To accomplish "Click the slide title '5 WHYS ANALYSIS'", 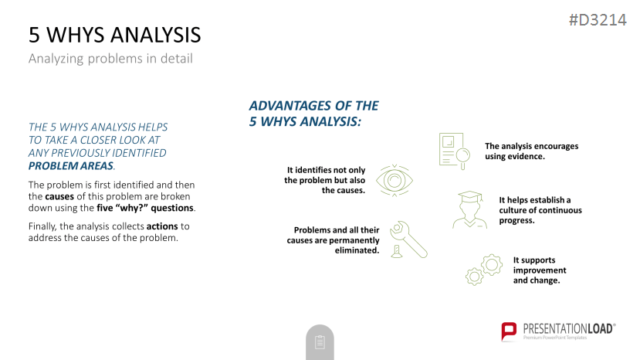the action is (x=115, y=35).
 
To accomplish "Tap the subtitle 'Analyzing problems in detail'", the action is (x=110, y=59).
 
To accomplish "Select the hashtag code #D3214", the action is (x=598, y=19).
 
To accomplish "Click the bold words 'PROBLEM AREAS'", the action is (x=70, y=166).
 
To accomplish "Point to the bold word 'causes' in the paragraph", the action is (x=59, y=196).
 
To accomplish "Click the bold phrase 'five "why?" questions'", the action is (x=145, y=208).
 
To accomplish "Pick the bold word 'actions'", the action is (x=162, y=226).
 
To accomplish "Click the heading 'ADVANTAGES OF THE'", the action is (x=313, y=106).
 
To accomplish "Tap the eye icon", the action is (x=394, y=181).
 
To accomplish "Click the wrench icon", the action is (x=409, y=240).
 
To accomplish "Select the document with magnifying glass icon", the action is (x=454, y=151).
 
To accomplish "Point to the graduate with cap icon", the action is (x=470, y=209).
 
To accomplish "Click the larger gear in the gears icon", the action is (x=492, y=265).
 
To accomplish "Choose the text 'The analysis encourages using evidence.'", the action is (x=531, y=151).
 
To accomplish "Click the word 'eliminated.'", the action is (x=357, y=250).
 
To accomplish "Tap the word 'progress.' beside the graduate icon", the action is (x=516, y=221).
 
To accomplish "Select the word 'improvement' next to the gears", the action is (x=540, y=270).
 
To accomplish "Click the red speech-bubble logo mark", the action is (x=509, y=331).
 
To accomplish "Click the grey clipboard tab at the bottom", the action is (x=320, y=342).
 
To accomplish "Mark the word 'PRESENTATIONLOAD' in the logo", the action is (x=567, y=329).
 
